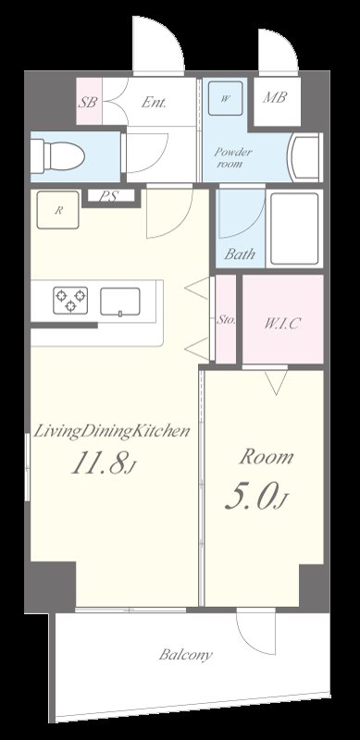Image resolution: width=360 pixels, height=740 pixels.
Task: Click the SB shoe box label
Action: point(88,103)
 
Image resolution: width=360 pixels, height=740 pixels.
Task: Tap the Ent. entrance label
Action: point(155,103)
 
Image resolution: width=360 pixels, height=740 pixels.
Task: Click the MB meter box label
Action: point(274,97)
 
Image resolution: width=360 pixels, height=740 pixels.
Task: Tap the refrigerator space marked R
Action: point(59,211)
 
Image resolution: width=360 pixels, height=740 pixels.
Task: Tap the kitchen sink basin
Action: point(120,301)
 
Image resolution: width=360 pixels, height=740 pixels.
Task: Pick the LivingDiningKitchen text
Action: point(112,430)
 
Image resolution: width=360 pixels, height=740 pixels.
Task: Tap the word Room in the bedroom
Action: point(267,457)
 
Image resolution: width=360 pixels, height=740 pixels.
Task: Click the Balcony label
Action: point(185,656)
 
